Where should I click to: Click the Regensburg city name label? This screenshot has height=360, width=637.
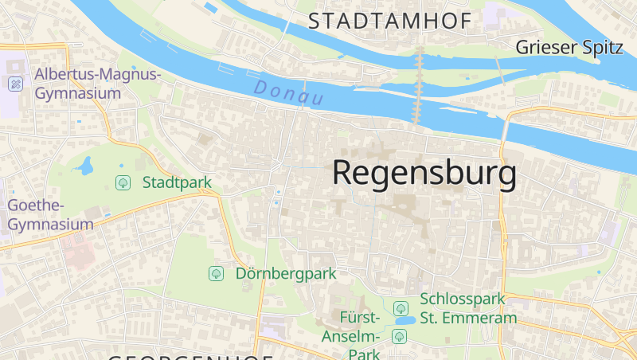coord(424,173)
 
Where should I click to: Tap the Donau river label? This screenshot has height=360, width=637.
coord(289,92)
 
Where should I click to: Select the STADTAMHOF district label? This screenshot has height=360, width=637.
coord(389,22)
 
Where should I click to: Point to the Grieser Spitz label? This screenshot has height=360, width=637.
coord(569,47)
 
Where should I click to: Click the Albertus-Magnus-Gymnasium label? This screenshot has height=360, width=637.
coord(97,84)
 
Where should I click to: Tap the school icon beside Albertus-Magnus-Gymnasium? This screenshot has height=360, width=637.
coord(16,84)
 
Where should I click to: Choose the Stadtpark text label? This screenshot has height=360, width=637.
coord(177,182)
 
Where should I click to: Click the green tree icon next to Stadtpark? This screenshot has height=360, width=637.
coord(123,182)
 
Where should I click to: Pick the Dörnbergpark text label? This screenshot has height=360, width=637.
coord(286,273)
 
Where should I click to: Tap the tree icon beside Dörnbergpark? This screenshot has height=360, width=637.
coord(216,273)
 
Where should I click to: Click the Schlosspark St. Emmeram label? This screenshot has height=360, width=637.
coord(467,309)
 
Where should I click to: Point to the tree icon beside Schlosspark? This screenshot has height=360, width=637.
coord(401,307)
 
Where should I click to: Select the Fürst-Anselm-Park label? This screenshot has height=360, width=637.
coord(351,335)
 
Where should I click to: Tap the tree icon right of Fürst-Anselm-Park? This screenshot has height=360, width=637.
coord(399,336)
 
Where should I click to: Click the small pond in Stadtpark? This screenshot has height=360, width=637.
coord(85,166)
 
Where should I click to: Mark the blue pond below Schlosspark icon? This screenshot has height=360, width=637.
coord(404,321)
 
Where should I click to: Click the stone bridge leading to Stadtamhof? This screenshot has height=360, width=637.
coord(419,84)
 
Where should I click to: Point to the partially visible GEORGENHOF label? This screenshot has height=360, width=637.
coord(191,356)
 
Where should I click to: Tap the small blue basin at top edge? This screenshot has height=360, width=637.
coord(210,7)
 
